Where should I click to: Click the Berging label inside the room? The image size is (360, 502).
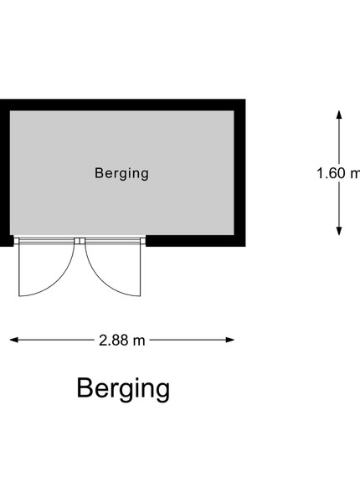pos(121,173)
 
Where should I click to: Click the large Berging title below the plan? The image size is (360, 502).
pos(123,389)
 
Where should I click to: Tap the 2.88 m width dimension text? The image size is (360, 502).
pos(122,340)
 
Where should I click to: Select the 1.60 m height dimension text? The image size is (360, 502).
pos(338,173)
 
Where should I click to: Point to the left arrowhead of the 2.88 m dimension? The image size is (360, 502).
pos(14,340)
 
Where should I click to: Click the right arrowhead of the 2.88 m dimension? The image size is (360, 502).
pos(230,340)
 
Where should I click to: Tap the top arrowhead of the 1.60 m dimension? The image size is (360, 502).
pos(339,115)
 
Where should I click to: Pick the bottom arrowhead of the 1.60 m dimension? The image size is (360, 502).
pos(339,231)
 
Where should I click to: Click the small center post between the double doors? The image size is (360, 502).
pos(80,241)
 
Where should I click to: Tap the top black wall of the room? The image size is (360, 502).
pos(123,105)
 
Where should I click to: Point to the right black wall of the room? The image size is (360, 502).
pos(240,173)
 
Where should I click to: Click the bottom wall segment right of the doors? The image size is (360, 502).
pos(196,241)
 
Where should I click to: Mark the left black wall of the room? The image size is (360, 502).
pos(5,173)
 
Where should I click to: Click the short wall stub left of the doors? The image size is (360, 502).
pos(7,241)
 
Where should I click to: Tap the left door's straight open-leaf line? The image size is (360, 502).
pos(19,270)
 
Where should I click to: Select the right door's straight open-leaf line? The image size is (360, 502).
pos(141,270)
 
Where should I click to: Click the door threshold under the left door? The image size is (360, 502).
pos(47,241)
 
